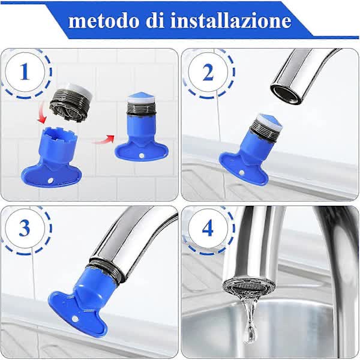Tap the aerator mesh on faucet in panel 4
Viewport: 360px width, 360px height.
[x=242, y=287]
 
